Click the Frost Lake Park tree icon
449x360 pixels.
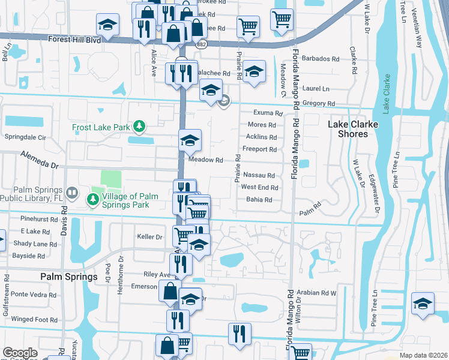coord(139,126)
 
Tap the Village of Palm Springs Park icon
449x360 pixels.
coord(93,199)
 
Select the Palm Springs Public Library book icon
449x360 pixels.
coord(71,193)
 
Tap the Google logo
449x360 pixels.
coord(20,353)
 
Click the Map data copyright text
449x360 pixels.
coord(423,355)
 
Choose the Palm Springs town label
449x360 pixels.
coord(68,277)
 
